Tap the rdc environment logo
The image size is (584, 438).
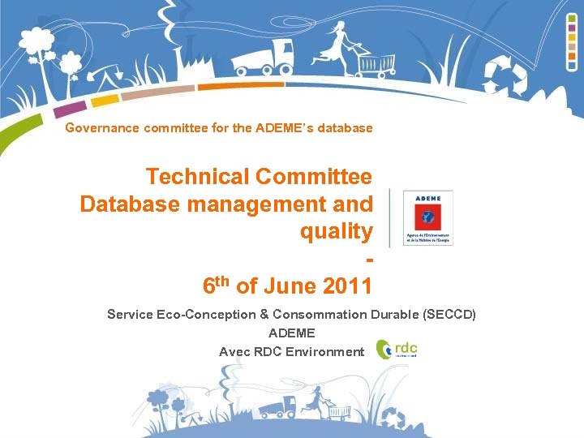(x=401, y=350)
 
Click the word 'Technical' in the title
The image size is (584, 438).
(x=196, y=176)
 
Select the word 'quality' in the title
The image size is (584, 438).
(x=336, y=231)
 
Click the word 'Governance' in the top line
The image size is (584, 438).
(x=102, y=128)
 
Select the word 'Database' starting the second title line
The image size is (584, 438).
(x=130, y=204)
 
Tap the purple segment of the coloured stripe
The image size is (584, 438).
(x=72, y=108)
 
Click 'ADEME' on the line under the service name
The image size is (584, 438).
(x=291, y=333)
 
